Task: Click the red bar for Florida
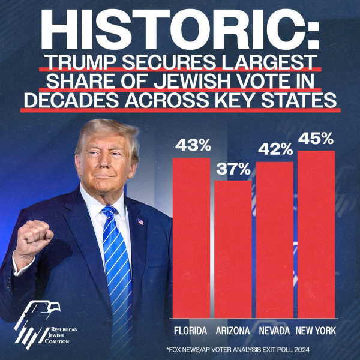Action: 191,237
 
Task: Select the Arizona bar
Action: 233,249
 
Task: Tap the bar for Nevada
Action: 275,240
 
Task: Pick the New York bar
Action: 316,234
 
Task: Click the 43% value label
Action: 191,146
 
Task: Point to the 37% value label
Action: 233,169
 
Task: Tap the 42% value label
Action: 275,150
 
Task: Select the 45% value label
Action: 316,139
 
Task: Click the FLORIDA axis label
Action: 190,331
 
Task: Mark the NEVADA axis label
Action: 274,331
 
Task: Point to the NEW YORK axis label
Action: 316,331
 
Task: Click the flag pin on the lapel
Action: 140,221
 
